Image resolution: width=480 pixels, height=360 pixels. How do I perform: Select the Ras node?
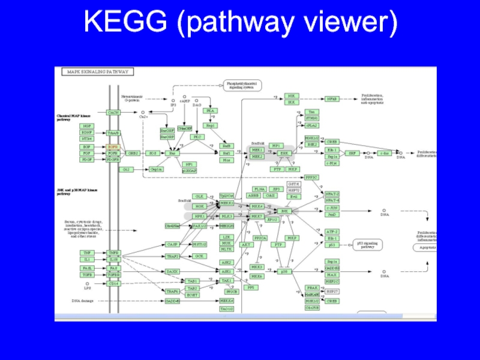pyautogui.click(x=171, y=154)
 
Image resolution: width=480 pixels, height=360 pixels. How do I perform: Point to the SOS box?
pyautogui.click(x=153, y=154)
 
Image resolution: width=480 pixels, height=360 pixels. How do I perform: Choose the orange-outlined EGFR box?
pyautogui.click(x=113, y=147)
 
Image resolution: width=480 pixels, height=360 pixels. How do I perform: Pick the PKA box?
pyautogui.click(x=211, y=111)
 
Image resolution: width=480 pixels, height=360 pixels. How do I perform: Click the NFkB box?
pyautogui.click(x=332, y=98)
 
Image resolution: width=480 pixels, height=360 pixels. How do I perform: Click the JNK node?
pyautogui.click(x=286, y=211)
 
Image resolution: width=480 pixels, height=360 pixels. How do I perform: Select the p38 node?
pyautogui.click(x=286, y=272)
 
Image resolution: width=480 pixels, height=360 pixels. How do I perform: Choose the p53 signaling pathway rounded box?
pyautogui.click(x=369, y=245)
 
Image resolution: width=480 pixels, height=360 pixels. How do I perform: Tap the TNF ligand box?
pyautogui.click(x=87, y=253)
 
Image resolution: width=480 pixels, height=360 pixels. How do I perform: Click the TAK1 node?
pyautogui.click(x=226, y=281)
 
